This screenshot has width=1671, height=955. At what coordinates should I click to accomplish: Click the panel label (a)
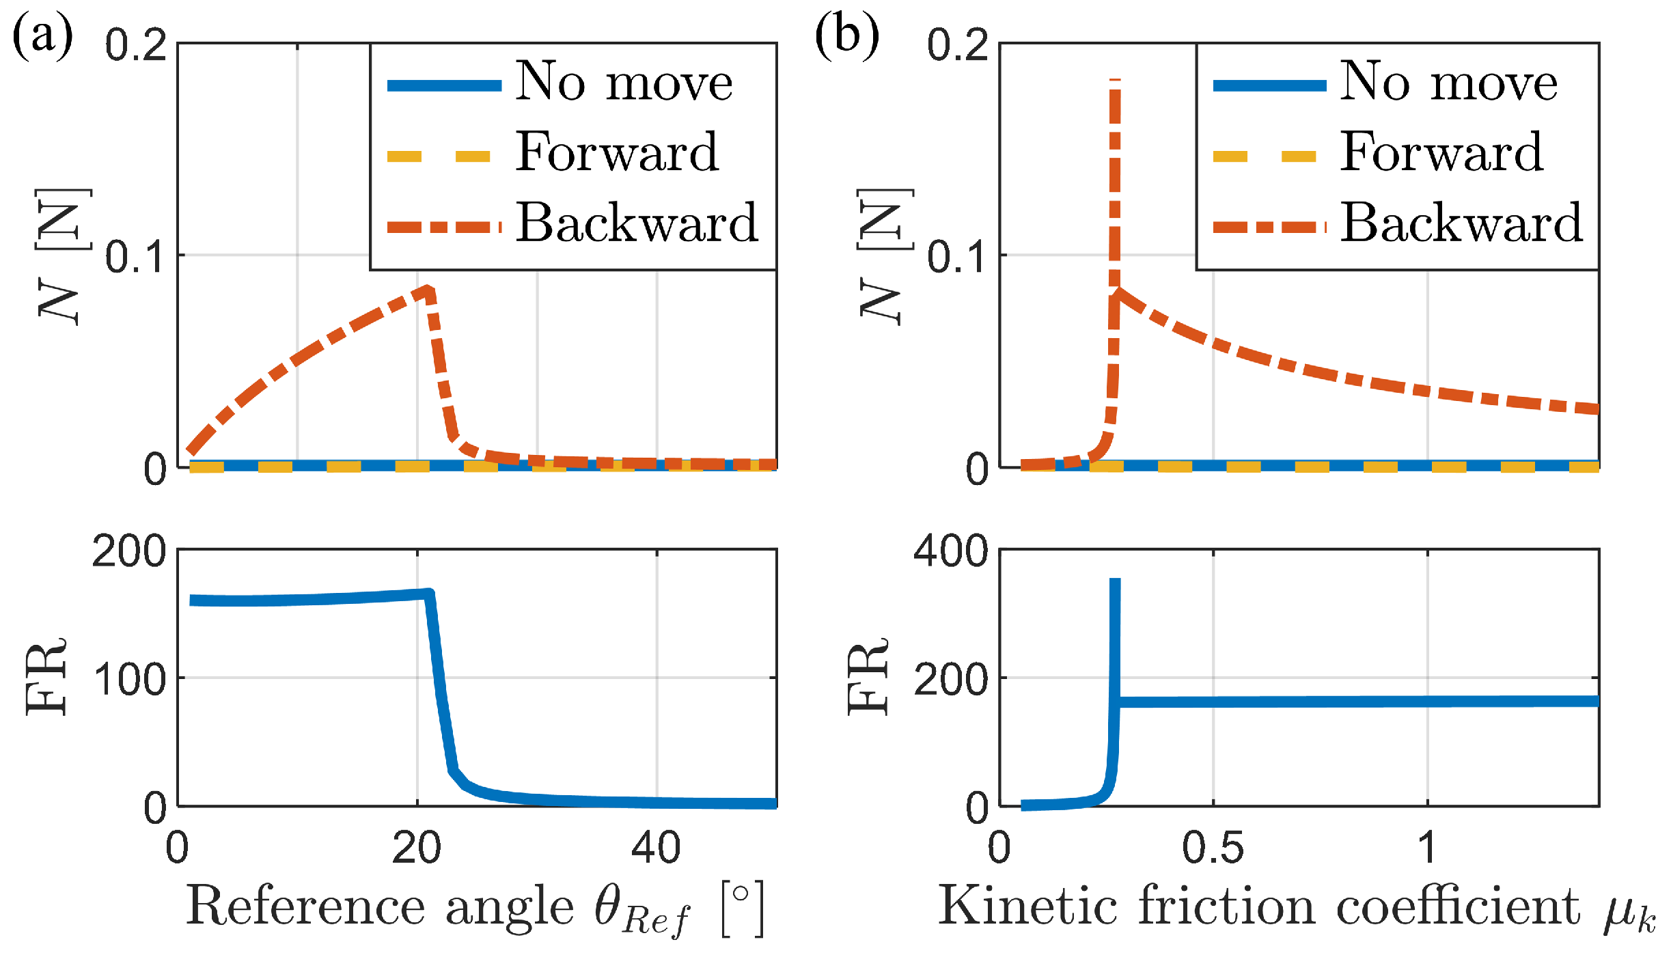pyautogui.click(x=42, y=36)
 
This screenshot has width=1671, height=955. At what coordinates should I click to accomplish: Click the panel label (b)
pyautogui.click(x=847, y=36)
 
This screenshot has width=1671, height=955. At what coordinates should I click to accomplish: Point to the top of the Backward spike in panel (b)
pyautogui.click(x=1115, y=82)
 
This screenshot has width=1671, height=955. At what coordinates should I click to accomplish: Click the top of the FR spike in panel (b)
pyautogui.click(x=1115, y=581)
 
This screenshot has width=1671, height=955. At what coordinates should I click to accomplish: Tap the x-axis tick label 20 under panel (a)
pyautogui.click(x=417, y=848)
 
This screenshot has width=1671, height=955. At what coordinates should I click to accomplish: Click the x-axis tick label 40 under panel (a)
pyautogui.click(x=656, y=848)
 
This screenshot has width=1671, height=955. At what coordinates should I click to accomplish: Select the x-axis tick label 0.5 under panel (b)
pyautogui.click(x=1213, y=848)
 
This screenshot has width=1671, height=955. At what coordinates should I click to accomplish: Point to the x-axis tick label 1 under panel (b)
pyautogui.click(x=1426, y=848)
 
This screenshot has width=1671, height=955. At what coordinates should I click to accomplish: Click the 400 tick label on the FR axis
pyautogui.click(x=950, y=551)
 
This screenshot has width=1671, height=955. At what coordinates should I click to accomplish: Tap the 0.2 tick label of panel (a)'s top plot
pyautogui.click(x=136, y=46)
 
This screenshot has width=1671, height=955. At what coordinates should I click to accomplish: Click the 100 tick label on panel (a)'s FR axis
pyautogui.click(x=129, y=680)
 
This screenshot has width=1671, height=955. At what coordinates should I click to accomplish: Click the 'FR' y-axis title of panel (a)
pyautogui.click(x=46, y=676)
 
